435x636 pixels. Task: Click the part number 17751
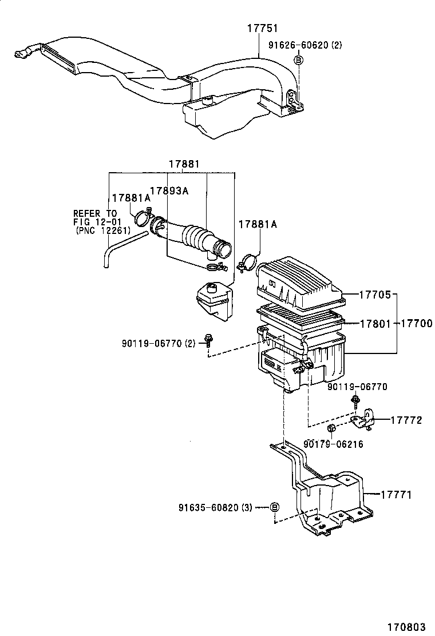tap(263, 28)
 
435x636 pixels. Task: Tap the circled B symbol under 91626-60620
tap(298, 59)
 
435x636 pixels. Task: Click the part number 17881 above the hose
tap(184, 164)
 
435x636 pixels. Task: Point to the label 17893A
tap(169, 191)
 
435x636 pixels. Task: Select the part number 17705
tap(375, 295)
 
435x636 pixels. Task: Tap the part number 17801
tap(375, 324)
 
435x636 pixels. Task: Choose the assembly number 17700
tap(416, 324)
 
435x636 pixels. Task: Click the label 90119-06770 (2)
tap(159, 343)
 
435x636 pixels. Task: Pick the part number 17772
tap(406, 420)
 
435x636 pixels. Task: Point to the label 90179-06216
tap(333, 444)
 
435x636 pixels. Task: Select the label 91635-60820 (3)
tap(215, 507)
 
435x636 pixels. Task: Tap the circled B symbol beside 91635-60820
tap(274, 507)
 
